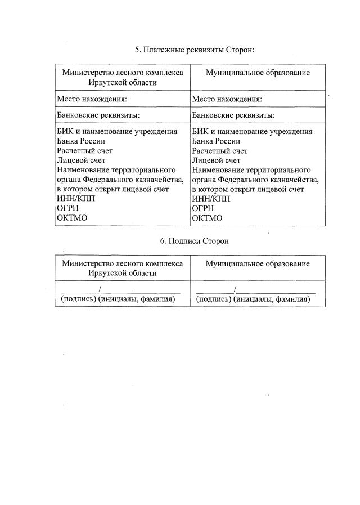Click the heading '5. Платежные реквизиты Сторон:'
[x=195, y=50]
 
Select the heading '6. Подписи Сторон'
[x=195, y=241]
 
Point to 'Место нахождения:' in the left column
[x=92, y=99]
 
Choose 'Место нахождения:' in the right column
[x=227, y=99]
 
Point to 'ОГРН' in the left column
[x=67, y=208]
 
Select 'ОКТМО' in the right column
[x=208, y=218]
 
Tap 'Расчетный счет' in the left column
[x=84, y=151]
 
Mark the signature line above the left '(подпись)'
[x=79, y=292]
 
